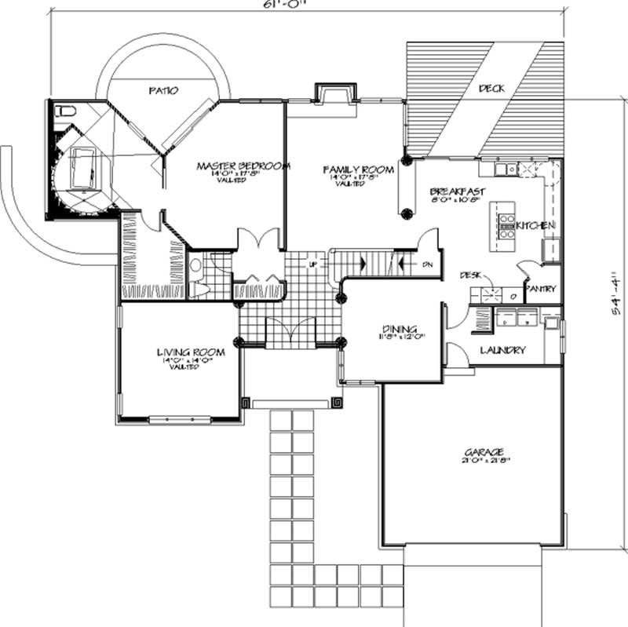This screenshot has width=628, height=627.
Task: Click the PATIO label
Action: coord(163,91)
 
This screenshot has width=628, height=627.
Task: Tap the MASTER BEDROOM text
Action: coord(243,166)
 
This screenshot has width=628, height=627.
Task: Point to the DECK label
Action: coord(491,89)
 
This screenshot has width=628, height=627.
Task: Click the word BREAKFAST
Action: coord(457,191)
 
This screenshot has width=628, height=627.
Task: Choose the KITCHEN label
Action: coord(536,226)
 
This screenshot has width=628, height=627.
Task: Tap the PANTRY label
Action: coord(540,289)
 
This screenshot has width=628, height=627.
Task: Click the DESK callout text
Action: coord(470,275)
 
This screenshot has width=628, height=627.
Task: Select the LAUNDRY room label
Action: coord(502,351)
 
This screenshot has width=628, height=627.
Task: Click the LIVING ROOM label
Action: coord(191,353)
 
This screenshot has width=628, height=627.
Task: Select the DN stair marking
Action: coord(427,265)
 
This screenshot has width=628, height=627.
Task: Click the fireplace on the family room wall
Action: coord(328,93)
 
